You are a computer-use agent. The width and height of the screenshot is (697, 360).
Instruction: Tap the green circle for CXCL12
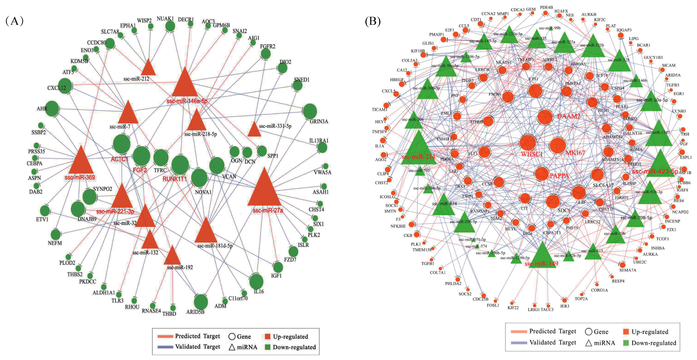click(65, 86)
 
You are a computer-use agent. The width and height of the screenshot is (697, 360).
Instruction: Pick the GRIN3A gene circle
click(310, 111)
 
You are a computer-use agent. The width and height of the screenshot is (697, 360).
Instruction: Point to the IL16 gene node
click(256, 281)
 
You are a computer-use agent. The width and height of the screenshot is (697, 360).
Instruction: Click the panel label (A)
click(14, 21)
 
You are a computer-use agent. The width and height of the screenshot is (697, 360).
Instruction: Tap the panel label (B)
click(373, 21)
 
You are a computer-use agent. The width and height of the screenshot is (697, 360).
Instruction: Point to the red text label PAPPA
click(559, 176)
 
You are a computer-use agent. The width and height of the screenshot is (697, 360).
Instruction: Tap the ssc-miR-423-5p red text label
click(655, 172)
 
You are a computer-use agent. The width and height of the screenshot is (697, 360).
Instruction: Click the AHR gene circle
click(52, 109)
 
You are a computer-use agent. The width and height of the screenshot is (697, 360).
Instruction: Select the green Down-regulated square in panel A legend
click(268, 347)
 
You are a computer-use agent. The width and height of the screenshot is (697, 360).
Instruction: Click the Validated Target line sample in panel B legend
click(519, 343)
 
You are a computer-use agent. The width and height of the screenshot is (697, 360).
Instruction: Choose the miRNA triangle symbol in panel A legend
click(232, 347)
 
